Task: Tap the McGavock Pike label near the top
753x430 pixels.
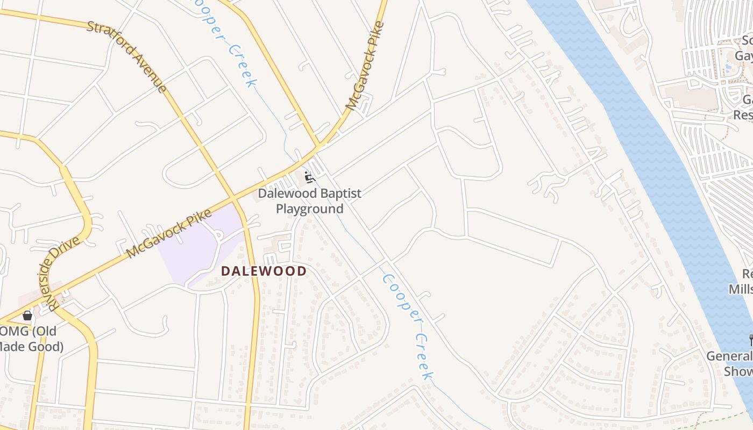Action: [366, 66]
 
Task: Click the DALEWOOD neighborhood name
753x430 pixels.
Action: [264, 271]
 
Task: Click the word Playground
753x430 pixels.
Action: [309, 209]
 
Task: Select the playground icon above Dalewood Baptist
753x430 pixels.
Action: [309, 177]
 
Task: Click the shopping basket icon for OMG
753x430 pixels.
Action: [27, 315]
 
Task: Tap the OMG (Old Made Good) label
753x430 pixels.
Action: [32, 339]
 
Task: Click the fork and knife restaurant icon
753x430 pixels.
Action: [750, 340]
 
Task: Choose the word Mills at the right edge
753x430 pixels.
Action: [741, 289]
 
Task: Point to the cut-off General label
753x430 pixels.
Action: [729, 356]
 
